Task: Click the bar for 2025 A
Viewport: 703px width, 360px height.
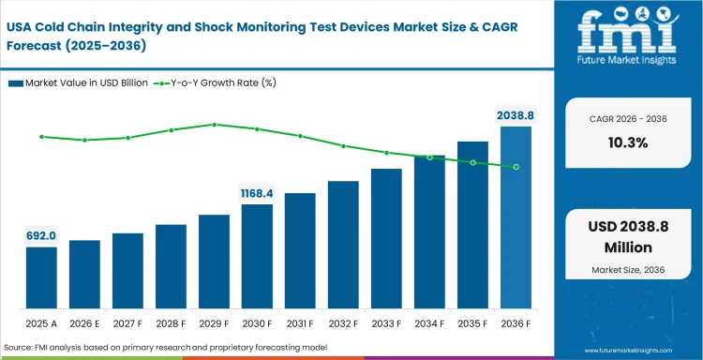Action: [x=41, y=277]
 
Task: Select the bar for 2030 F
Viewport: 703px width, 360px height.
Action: [x=257, y=256]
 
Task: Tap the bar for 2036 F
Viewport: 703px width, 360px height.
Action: [x=516, y=217]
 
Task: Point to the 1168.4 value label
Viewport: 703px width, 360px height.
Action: [x=257, y=193]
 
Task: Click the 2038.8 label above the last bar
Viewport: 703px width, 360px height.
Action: [x=516, y=115]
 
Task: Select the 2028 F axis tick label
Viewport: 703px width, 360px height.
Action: [x=171, y=323]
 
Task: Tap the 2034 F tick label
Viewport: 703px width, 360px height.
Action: [x=429, y=323]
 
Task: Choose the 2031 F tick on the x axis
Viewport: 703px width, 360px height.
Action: [x=300, y=323]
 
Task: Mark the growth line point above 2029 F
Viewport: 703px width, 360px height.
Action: [x=214, y=124]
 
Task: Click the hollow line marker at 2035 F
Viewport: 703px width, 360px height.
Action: [x=472, y=162]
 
